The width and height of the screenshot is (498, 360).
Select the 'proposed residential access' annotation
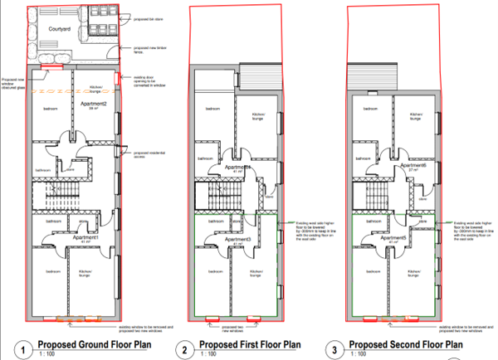[142, 154]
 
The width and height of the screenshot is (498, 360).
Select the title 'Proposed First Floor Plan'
[250, 343]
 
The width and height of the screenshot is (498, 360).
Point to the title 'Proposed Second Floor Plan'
[405, 343]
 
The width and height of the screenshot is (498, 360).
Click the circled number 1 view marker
[25, 348]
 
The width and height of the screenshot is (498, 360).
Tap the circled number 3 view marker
[333, 348]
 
